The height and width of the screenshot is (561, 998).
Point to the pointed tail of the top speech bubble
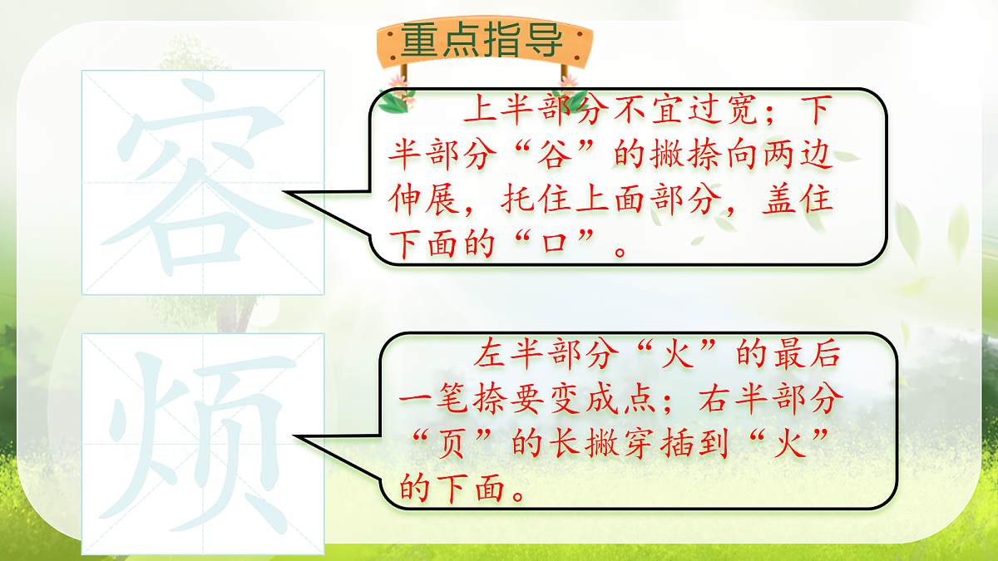tap(290, 193)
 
